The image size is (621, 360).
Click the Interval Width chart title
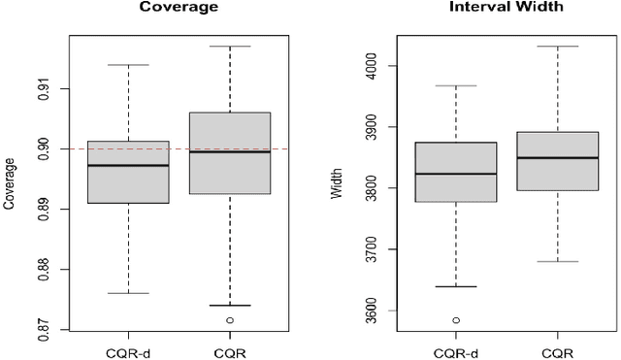click(x=493, y=7)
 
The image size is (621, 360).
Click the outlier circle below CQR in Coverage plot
click(x=230, y=320)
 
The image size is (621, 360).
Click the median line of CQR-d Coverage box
click(x=128, y=166)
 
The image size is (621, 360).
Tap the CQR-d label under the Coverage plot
click(x=128, y=351)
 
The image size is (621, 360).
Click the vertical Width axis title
click(x=338, y=187)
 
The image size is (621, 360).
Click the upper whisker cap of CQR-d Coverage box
click(x=128, y=65)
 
